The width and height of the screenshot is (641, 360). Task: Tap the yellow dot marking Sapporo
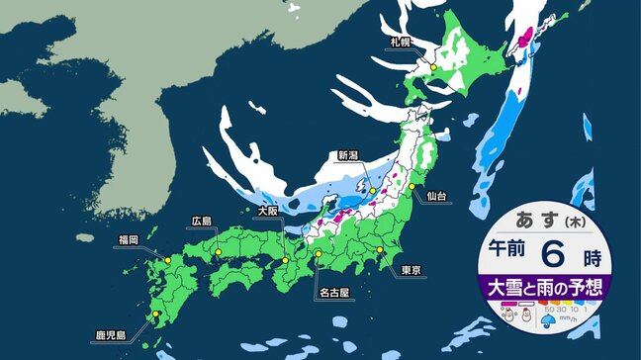tap(431, 67)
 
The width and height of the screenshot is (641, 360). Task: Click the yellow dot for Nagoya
tap(320, 255)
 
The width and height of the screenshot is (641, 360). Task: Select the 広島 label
tap(203, 222)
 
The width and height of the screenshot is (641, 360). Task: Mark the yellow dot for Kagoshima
tap(155, 317)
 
